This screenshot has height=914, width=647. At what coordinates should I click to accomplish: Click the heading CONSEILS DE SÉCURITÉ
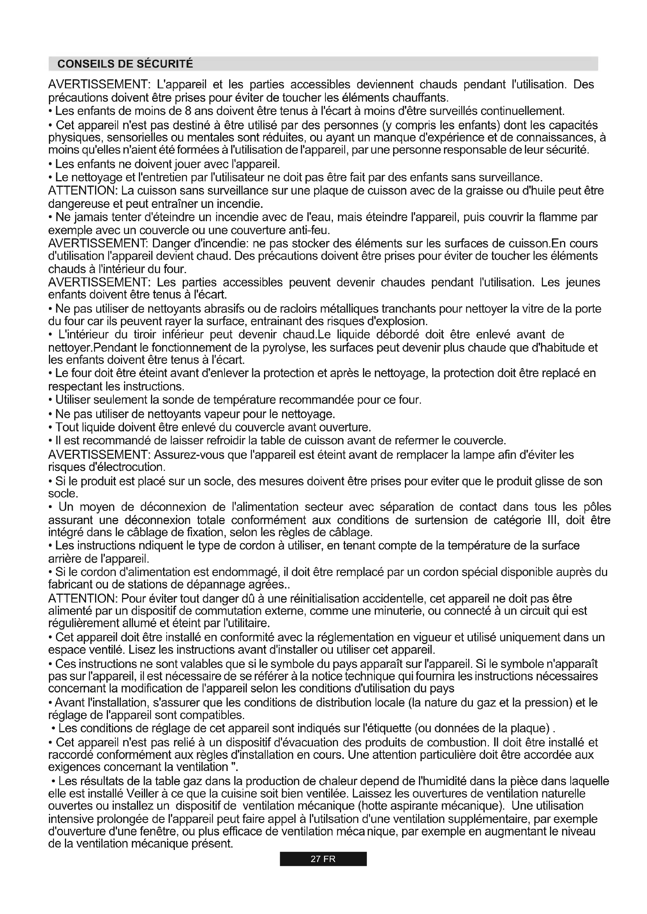[125, 64]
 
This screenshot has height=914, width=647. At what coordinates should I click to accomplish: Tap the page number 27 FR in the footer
[323, 859]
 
